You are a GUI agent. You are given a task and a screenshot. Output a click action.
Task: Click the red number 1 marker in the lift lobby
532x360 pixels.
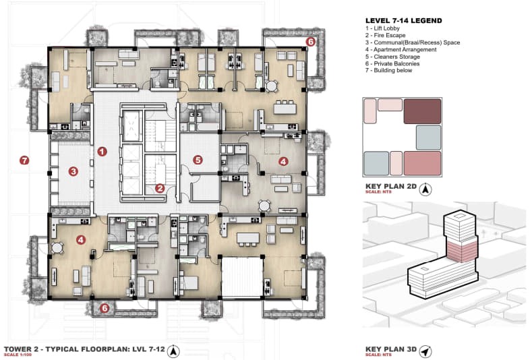click(x=102, y=152)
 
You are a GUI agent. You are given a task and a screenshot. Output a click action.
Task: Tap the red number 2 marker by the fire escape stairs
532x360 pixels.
click(x=160, y=188)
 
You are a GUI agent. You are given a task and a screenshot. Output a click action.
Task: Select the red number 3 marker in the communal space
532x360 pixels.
click(x=73, y=171)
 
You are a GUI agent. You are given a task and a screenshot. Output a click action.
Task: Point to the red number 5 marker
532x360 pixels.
click(x=198, y=160)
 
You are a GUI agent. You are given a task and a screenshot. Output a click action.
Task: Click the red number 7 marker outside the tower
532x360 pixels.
click(x=24, y=160)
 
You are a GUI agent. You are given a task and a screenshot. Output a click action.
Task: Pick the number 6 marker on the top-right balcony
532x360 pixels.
click(x=310, y=42)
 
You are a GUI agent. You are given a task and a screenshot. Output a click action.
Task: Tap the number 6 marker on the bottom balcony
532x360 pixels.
click(x=105, y=308)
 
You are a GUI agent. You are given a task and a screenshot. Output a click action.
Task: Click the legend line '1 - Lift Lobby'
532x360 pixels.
click(x=382, y=28)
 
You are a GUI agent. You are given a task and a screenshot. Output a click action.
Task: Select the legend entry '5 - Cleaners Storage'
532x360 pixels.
click(x=392, y=57)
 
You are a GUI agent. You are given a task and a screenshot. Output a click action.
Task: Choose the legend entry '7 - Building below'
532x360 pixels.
click(x=389, y=71)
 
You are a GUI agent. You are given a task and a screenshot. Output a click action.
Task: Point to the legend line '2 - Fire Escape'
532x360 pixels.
click(x=386, y=35)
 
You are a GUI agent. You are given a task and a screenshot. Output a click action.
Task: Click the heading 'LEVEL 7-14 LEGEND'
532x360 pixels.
click(x=404, y=21)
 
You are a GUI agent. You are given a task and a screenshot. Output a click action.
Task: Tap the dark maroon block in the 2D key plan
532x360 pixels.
click(x=422, y=111)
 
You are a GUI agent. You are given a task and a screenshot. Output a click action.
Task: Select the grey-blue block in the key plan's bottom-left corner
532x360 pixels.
click(x=376, y=164)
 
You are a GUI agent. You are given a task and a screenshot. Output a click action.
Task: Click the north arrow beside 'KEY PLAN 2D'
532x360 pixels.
click(x=425, y=189)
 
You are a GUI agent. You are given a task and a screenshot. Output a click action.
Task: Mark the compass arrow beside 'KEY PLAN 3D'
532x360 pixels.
click(x=425, y=351)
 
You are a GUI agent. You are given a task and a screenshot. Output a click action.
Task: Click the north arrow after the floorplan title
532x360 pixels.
click(x=174, y=351)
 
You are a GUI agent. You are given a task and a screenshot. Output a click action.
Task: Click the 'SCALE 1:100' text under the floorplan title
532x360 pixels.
click(x=18, y=355)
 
